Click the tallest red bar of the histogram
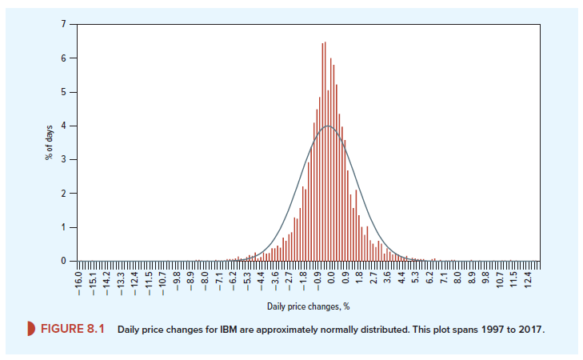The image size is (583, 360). (x=325, y=152)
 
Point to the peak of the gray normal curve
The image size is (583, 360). (x=327, y=126)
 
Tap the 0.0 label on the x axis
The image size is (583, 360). (x=330, y=282)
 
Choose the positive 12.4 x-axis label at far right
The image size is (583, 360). (x=525, y=282)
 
